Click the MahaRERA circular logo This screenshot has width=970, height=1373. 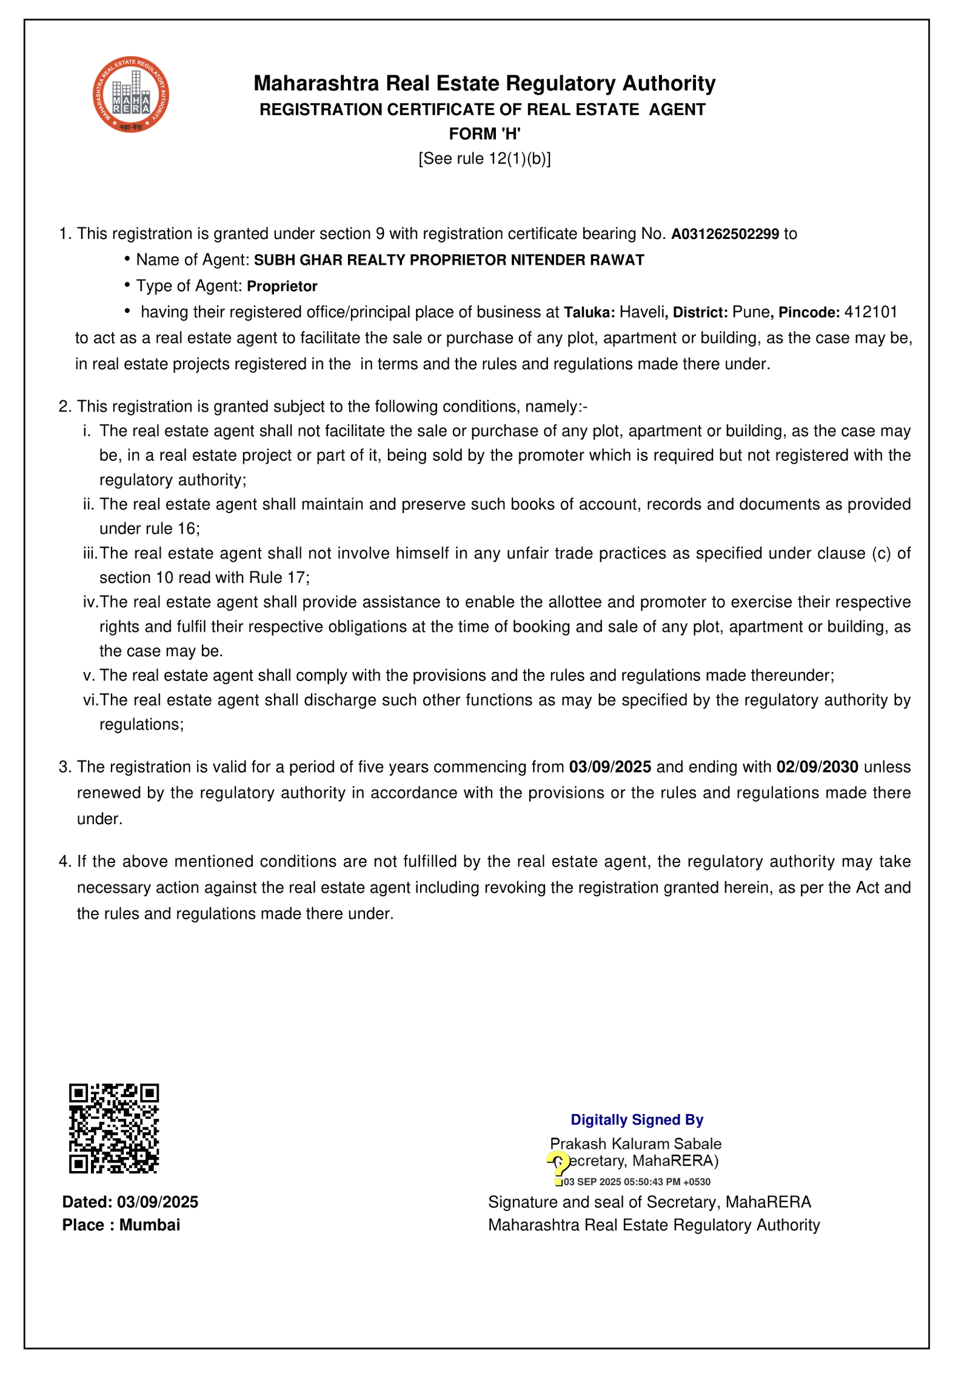click(130, 95)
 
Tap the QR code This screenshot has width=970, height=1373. click(113, 1129)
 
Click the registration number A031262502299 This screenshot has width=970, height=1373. click(724, 234)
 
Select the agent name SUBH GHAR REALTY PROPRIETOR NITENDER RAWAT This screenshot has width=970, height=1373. click(449, 260)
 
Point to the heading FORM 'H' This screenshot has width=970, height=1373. click(484, 133)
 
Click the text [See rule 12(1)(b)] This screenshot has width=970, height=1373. click(484, 158)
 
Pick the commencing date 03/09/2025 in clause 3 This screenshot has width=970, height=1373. click(610, 767)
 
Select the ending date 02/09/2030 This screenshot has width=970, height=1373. click(817, 767)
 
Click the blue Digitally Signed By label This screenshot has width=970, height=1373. click(637, 1120)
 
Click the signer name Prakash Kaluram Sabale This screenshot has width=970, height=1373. click(635, 1144)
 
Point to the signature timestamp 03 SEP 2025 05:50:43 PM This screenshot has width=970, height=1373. click(637, 1182)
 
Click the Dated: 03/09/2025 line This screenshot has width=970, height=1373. click(130, 1203)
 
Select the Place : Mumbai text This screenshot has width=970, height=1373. click(121, 1225)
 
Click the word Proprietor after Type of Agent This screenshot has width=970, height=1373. click(282, 286)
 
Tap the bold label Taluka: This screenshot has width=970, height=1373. click(589, 312)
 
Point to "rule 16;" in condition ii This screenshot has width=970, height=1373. click(177, 529)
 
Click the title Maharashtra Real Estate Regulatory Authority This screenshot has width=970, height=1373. click(484, 83)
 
